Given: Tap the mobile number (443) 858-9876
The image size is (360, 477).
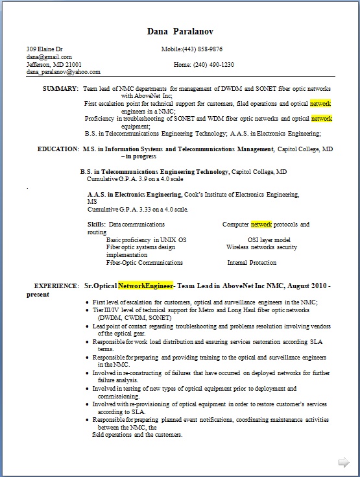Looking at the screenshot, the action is pos(202,49).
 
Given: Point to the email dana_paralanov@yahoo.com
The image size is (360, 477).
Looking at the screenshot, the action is pos(63,72).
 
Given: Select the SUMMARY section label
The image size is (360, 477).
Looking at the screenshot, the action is pos(60,88).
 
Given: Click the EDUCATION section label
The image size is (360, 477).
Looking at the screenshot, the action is pos(58,149).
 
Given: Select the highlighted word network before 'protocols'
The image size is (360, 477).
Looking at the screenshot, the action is pos(261,225).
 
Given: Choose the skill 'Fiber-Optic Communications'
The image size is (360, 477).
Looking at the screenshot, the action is pos(144,263).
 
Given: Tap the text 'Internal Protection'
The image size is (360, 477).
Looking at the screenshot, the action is pos(252,263).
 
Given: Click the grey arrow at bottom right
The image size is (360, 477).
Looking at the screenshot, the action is pos(343,462).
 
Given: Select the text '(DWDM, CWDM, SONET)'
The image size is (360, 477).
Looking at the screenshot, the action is pos(135,318).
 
